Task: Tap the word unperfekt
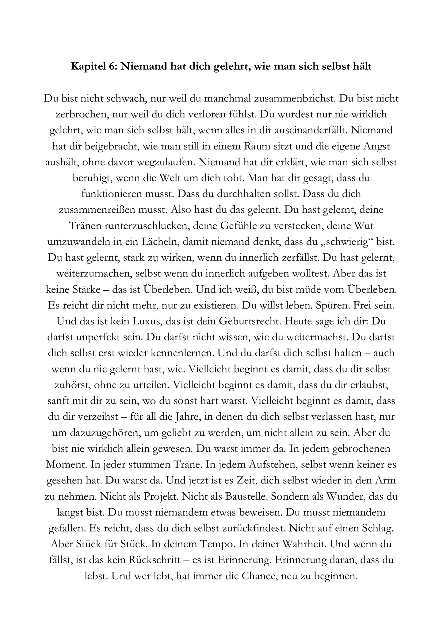[x=103, y=337]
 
